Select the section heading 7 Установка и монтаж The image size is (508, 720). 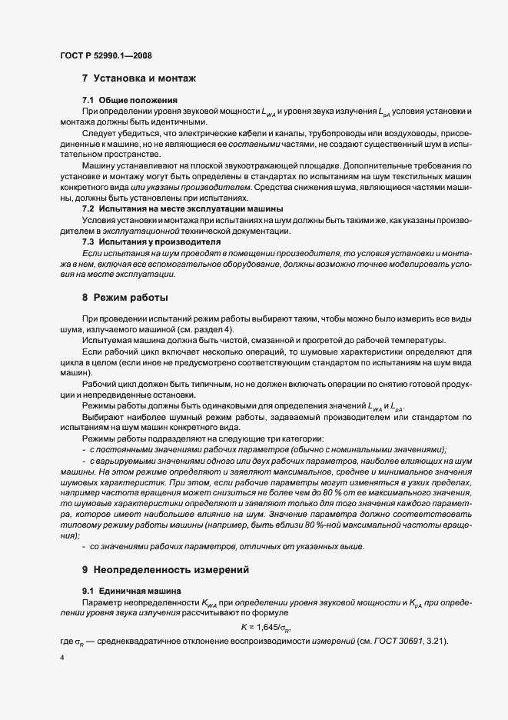click(139, 78)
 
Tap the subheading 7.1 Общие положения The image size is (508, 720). click(130, 100)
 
